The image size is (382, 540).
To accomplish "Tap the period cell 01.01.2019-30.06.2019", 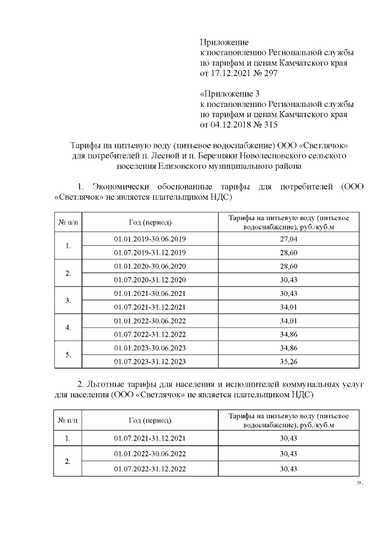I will click(x=150, y=239).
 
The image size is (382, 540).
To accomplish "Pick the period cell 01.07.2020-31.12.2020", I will click(x=150, y=280).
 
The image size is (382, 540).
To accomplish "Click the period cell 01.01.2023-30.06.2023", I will click(x=150, y=348).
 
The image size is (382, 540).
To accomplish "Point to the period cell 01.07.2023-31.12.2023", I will click(x=150, y=362).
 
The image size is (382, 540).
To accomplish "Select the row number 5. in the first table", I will click(x=68, y=355).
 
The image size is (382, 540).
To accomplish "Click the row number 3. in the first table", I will click(x=68, y=300).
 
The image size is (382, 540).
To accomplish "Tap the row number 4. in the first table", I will click(x=68, y=328).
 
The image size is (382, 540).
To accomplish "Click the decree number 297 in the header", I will click(x=270, y=73).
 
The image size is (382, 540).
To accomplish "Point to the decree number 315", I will click(x=270, y=125).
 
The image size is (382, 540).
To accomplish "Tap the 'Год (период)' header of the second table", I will click(x=150, y=420).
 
